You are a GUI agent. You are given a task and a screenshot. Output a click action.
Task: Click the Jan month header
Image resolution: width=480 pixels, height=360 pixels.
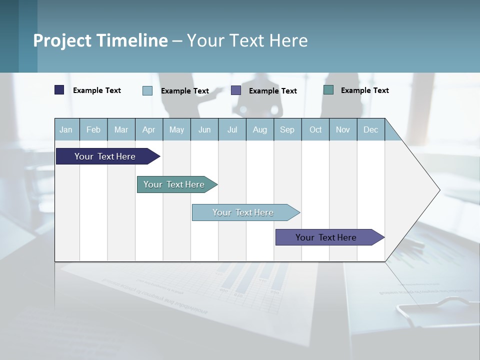pyautogui.click(x=66, y=129)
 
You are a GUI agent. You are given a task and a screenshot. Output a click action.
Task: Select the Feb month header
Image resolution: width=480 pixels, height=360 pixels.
pyautogui.click(x=93, y=129)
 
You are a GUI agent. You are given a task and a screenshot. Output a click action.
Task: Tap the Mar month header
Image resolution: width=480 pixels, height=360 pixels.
pyautogui.click(x=121, y=129)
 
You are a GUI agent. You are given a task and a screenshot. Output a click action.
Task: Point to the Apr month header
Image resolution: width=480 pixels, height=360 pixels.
pyautogui.click(x=149, y=129)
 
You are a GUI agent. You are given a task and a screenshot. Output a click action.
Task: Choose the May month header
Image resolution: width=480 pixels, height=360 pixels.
pyautogui.click(x=176, y=129)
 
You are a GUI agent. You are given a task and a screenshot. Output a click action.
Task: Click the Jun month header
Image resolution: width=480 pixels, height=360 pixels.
pyautogui.click(x=204, y=129)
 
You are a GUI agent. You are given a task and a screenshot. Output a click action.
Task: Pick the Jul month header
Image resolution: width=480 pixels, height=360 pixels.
pyautogui.click(x=232, y=129)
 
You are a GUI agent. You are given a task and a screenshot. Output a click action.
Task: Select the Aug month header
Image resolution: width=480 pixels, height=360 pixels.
pyautogui.click(x=260, y=129)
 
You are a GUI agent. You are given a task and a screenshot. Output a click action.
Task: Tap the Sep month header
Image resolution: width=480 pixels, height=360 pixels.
pyautogui.click(x=287, y=129)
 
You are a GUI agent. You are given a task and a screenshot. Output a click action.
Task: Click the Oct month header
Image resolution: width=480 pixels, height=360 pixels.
pyautogui.click(x=315, y=129)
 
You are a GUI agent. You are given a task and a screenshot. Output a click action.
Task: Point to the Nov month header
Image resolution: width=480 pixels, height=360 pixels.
pyautogui.click(x=343, y=129)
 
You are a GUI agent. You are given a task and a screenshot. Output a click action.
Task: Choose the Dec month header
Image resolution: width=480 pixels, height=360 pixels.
pyautogui.click(x=371, y=129)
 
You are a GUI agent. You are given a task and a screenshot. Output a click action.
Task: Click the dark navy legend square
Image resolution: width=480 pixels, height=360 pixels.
pyautogui.click(x=59, y=90)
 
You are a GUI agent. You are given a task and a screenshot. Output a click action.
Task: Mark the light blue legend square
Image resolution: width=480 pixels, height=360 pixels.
pyautogui.click(x=147, y=90)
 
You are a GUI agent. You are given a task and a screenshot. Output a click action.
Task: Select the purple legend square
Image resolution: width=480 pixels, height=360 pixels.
pyautogui.click(x=236, y=90)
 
